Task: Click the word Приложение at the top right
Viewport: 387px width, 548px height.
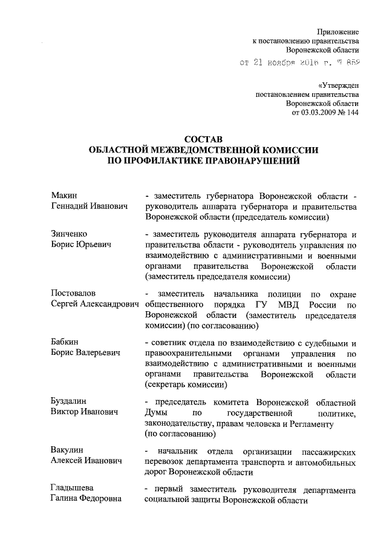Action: click(339, 31)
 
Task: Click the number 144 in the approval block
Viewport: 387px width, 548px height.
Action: click(351, 113)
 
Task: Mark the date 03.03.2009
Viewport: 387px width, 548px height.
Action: click(320, 113)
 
